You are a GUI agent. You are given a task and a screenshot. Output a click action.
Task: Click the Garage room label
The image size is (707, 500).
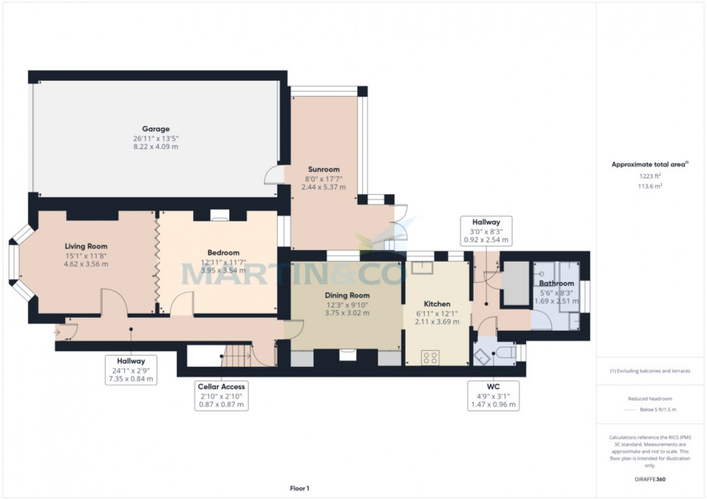(x=156, y=129)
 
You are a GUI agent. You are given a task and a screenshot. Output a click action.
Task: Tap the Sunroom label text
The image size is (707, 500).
(x=323, y=169)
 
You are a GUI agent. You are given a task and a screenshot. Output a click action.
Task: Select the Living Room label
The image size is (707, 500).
(x=86, y=246)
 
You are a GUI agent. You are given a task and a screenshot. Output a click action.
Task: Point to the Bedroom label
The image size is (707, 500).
(x=223, y=253)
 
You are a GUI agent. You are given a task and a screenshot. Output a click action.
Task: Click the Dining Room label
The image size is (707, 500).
(x=347, y=295)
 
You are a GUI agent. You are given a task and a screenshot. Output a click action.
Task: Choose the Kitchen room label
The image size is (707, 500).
(x=437, y=304)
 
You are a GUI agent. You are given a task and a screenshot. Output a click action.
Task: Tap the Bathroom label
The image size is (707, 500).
(x=556, y=284)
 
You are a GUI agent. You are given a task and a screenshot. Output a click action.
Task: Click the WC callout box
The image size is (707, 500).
(x=493, y=396)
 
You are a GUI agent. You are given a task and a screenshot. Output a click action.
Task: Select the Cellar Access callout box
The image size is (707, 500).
(x=222, y=396)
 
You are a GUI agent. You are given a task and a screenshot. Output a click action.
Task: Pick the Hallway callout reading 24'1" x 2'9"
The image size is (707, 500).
(x=131, y=370)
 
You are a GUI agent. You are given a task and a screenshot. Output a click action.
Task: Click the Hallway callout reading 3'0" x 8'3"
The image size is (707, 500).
(x=486, y=231)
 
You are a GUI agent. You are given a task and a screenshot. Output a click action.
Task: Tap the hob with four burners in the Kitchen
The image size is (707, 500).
(x=430, y=357)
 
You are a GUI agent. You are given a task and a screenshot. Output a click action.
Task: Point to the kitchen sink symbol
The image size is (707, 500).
(x=422, y=268)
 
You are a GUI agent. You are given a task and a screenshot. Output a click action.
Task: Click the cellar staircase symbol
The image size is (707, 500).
(x=237, y=356)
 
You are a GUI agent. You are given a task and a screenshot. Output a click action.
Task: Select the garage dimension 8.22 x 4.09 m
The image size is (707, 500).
(x=156, y=147)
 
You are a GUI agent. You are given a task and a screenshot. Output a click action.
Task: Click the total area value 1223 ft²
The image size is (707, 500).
(x=650, y=176)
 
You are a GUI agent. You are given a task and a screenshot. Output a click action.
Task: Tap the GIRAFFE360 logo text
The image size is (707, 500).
(x=650, y=479)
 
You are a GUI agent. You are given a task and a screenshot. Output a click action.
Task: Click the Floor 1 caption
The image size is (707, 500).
(x=299, y=488)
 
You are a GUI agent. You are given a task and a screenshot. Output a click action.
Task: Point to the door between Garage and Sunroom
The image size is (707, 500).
(x=274, y=175)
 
